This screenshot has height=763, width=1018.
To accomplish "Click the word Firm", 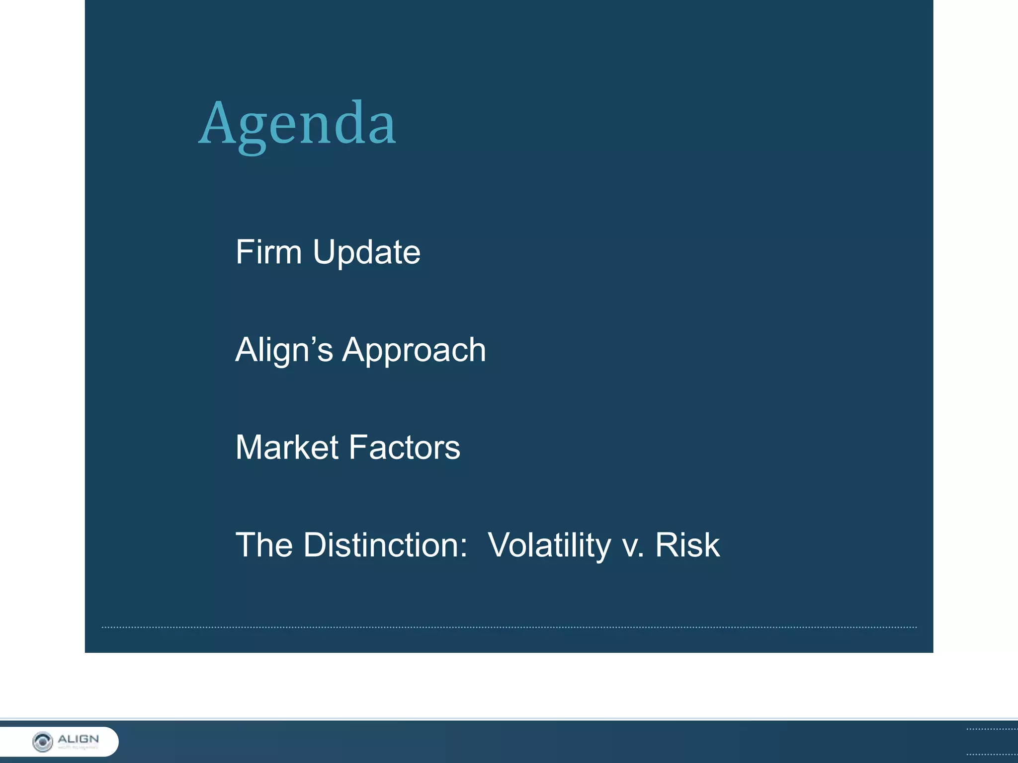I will [x=268, y=252].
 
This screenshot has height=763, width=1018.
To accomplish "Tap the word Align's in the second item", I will [x=284, y=350].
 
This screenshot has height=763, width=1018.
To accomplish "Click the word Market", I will [x=287, y=447].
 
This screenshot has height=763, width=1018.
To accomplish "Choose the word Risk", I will [x=687, y=545].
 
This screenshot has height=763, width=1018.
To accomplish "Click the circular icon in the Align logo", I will [x=42, y=742].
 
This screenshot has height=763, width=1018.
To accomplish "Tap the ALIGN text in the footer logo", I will [x=79, y=739].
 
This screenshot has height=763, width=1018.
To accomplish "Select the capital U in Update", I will [x=324, y=252].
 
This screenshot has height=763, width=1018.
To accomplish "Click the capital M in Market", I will [x=250, y=447].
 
